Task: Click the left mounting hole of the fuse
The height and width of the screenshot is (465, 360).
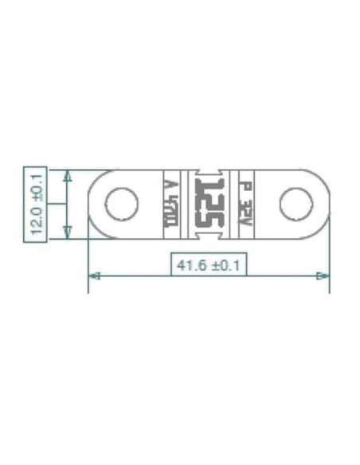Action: (x=122, y=204)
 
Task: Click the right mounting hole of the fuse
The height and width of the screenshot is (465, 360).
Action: (x=295, y=204)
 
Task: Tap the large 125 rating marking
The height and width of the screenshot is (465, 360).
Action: (x=207, y=204)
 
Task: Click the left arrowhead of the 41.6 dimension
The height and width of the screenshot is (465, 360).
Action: (x=93, y=275)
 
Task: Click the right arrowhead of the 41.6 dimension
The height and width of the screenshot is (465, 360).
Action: (x=323, y=275)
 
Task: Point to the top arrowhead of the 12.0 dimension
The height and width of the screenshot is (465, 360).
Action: (x=68, y=174)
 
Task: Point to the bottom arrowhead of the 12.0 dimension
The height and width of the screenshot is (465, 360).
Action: (x=68, y=232)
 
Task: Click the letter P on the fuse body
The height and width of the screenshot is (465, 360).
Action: (x=246, y=188)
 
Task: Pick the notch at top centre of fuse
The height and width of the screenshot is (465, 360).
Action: (x=208, y=173)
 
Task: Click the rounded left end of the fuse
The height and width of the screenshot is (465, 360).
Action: (x=94, y=204)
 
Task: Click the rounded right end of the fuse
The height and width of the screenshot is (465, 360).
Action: (x=323, y=204)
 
